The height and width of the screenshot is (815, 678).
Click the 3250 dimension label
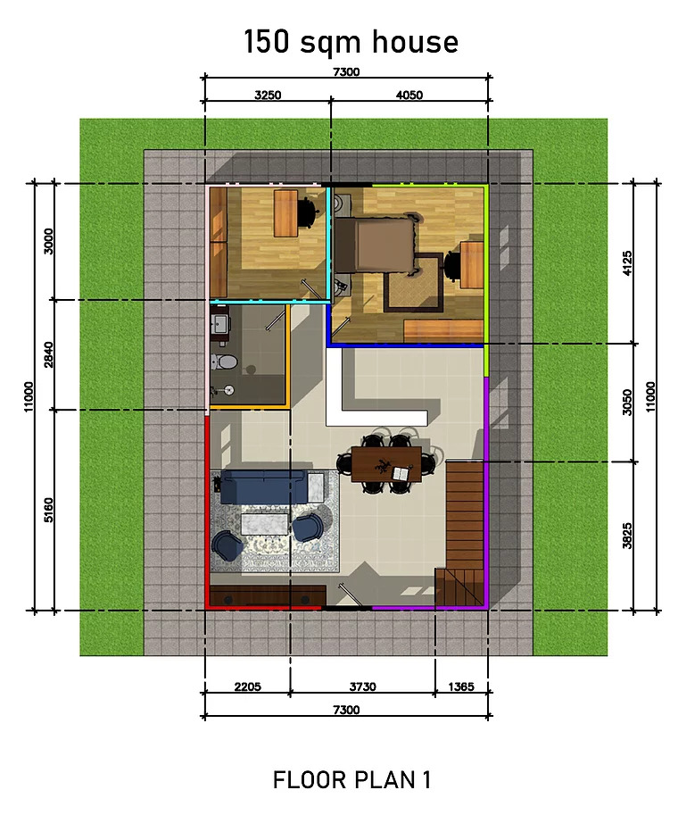(x=268, y=96)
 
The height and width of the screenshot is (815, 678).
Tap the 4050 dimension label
(x=409, y=96)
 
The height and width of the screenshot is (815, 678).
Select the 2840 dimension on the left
(x=48, y=354)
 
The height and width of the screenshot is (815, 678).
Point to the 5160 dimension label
(x=48, y=510)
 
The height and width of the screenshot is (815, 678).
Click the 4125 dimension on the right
(x=627, y=263)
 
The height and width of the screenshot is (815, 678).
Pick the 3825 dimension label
(x=627, y=536)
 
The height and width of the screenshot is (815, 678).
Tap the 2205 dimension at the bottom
(x=247, y=686)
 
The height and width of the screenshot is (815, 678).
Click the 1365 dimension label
(x=461, y=686)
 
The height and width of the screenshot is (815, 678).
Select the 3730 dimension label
(x=362, y=686)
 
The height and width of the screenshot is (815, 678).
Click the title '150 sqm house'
(x=351, y=42)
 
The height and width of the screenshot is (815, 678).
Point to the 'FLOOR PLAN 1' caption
(x=351, y=779)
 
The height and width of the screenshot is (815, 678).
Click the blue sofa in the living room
(x=263, y=487)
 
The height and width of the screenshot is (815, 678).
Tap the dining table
(x=386, y=464)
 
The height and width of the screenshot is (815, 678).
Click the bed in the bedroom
(x=375, y=245)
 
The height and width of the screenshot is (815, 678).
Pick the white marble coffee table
(x=265, y=523)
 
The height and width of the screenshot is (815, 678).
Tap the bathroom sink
(x=221, y=325)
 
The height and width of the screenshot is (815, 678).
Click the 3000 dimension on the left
(x=48, y=241)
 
